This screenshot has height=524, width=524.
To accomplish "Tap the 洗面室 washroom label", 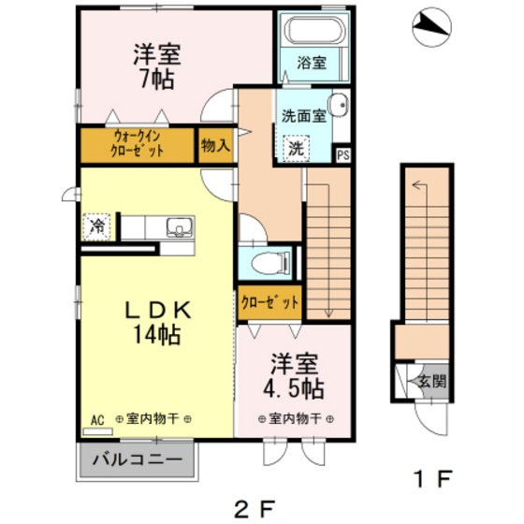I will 304,116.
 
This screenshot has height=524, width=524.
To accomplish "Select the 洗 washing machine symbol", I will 296,147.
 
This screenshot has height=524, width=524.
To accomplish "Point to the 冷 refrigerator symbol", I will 95,226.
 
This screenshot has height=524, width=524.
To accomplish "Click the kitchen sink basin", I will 179,226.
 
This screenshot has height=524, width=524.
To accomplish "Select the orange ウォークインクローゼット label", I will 137,145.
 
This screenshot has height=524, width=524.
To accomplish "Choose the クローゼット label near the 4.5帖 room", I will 269,301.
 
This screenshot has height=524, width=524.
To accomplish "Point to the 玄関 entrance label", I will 430,382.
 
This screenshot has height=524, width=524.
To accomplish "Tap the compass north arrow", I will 430,27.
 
